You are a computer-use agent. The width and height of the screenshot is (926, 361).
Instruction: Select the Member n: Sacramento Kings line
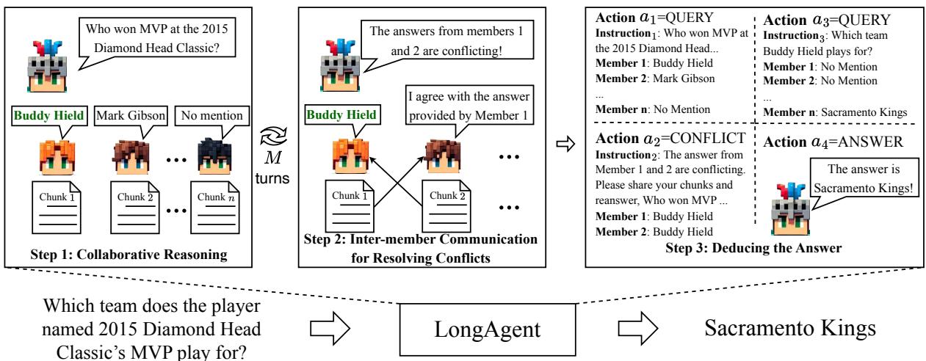833,112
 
